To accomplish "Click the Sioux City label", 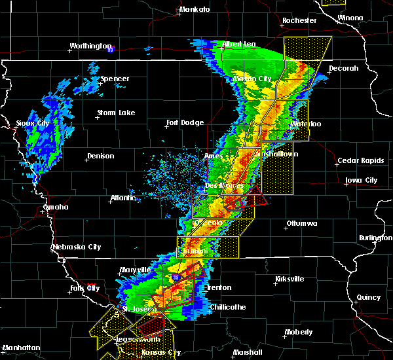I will [32, 123].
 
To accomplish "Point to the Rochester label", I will [299, 20].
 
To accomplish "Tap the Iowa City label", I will [362, 180].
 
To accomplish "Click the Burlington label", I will [375, 238].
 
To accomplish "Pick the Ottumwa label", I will [301, 224].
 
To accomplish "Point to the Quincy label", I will [369, 297].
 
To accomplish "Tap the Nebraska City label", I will [77, 247].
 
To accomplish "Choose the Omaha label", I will [56, 207].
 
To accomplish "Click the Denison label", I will [100, 156].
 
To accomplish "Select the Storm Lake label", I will [116, 113].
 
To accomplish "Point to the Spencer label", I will [115, 79].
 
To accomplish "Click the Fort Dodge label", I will [185, 122].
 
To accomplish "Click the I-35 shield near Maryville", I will [176, 278].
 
